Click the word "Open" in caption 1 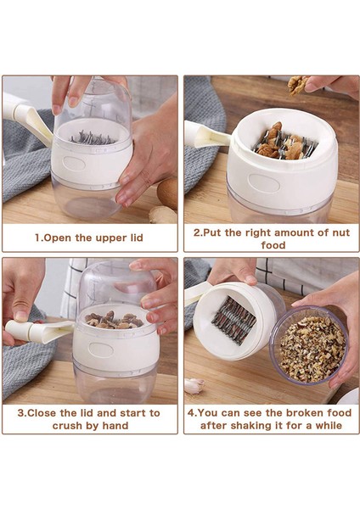57,238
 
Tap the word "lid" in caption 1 137,238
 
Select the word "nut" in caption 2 340,232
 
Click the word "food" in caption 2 273,245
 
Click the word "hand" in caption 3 115,426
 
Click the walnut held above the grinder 298,84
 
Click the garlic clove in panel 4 194,386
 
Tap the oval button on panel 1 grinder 75,163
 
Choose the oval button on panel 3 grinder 101,350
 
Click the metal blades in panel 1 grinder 92,138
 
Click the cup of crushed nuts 308,345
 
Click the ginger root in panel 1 163,215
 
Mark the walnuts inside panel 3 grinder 114,320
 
